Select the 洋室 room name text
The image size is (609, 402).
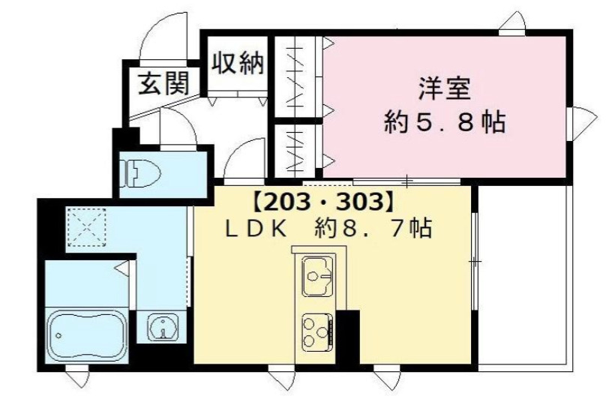(444, 88)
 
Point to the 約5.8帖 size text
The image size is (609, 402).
(444, 121)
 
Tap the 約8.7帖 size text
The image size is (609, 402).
(367, 229)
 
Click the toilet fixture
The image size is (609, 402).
(142, 173)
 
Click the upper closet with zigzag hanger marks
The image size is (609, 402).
(298, 75)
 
